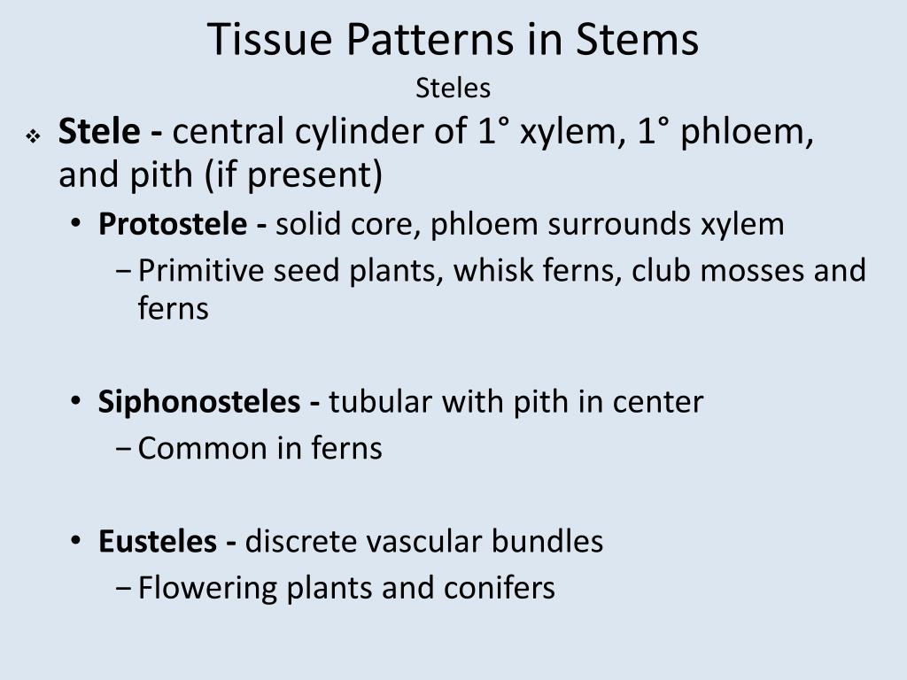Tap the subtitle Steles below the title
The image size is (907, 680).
(x=453, y=89)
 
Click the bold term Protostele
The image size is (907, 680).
(x=173, y=224)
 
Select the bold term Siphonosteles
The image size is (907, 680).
(x=199, y=402)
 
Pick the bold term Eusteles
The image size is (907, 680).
(x=157, y=541)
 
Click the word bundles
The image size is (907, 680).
(x=548, y=541)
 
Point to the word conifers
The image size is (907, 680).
(x=500, y=587)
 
